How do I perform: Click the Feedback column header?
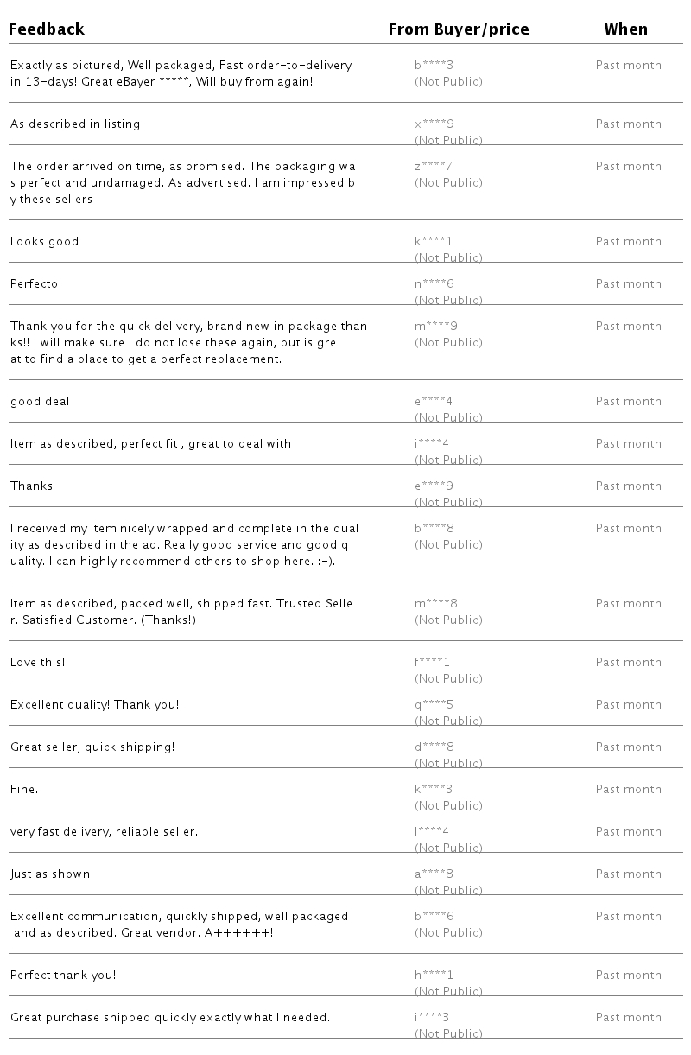point(47,29)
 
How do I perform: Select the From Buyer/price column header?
point(458,29)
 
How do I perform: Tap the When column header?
point(625,29)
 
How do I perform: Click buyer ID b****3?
point(434,65)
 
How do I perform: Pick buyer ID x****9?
point(434,124)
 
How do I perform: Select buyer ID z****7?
point(434,166)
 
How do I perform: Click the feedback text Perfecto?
point(34,283)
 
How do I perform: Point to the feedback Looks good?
point(44,241)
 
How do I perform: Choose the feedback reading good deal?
point(40,401)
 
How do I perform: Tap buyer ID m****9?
point(436,326)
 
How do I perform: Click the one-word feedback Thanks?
point(31,486)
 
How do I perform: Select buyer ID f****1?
point(432,662)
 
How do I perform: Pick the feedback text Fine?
point(24,789)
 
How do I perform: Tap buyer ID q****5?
point(434,704)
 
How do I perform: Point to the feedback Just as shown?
point(50,874)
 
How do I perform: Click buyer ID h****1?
point(434,975)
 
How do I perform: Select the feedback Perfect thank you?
point(63,975)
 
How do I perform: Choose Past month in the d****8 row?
point(628,747)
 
